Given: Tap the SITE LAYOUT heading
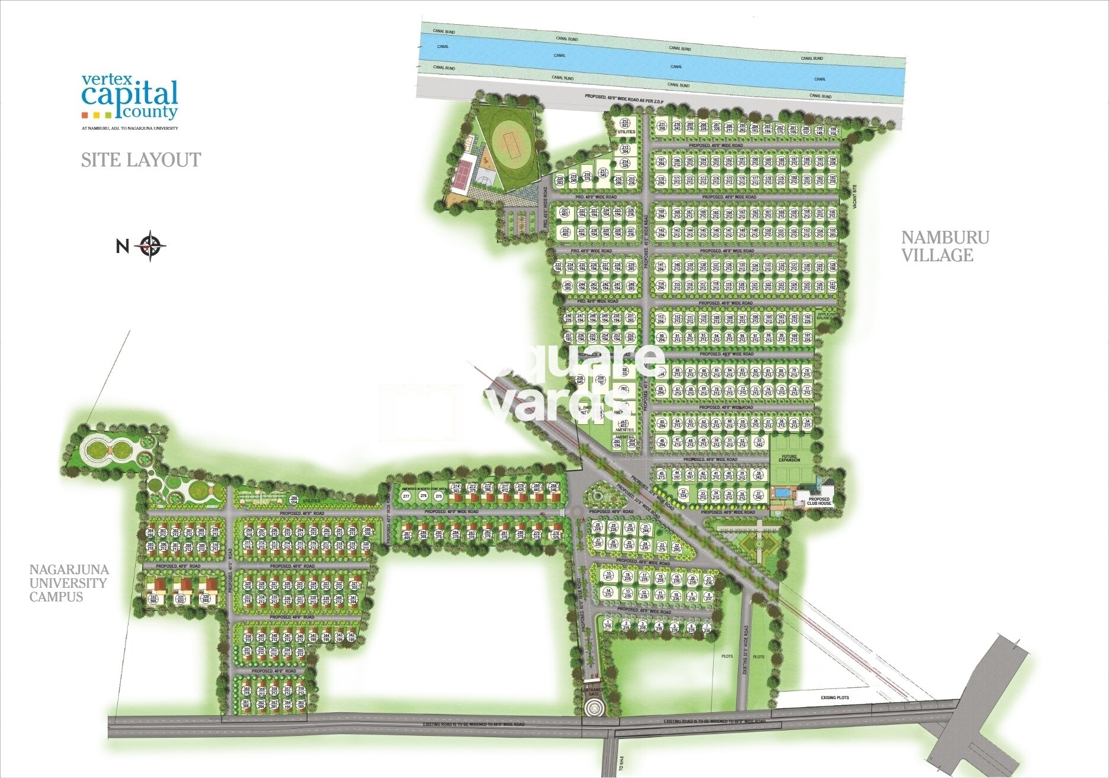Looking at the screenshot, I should point(141,160).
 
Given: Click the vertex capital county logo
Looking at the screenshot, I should point(130,96).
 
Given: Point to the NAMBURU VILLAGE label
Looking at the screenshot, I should point(945,246).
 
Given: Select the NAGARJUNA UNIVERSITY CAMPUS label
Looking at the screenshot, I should point(69,583).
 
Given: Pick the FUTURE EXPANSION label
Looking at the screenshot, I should point(789,458).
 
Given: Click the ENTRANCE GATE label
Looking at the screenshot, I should point(592,692).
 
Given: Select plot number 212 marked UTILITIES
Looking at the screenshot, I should point(626,123).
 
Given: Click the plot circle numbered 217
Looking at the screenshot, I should point(603,172).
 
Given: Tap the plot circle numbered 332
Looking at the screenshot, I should point(154,599).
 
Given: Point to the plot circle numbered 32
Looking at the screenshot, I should point(683,493).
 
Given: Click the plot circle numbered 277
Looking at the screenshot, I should point(406,495).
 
